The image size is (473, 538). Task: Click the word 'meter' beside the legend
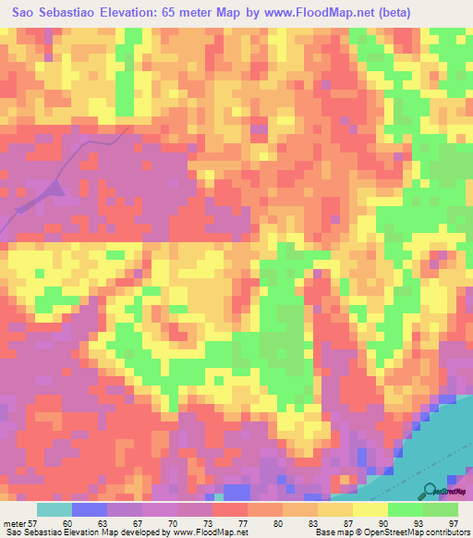14,520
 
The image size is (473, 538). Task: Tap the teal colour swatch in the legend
55,508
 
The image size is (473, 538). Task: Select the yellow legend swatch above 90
371,508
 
